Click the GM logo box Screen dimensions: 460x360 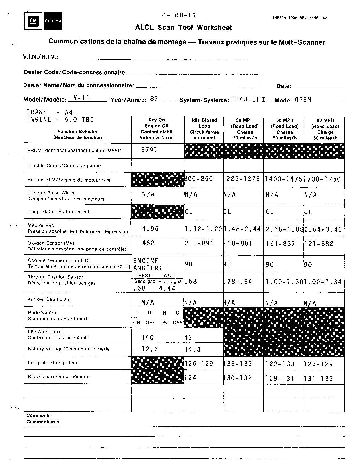tap(33, 21)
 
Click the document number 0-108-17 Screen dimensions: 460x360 tap(179, 15)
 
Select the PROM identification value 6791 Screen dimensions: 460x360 tap(149, 150)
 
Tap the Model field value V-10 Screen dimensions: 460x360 tap(81, 98)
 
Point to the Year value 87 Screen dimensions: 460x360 tap(154, 99)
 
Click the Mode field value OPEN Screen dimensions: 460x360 tap(303, 100)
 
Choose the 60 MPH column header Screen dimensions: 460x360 tap(325, 129)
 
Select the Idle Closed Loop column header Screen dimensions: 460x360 tap(204, 129)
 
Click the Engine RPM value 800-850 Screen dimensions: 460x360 tap(199, 179)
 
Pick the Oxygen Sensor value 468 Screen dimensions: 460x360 tap(148, 243)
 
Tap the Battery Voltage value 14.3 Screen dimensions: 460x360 tap(193, 349)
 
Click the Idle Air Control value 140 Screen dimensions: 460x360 tap(148, 337)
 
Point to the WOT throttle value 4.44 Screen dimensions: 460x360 tap(167, 288)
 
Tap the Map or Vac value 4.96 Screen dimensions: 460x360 tap(150, 228)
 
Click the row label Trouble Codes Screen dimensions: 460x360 tap(64, 165)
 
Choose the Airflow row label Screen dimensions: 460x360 tap(49, 299)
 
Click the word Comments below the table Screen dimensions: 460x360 tap(38, 416)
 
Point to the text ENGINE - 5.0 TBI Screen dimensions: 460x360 tap(60, 120)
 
